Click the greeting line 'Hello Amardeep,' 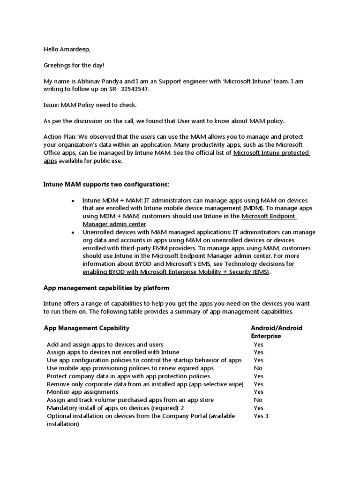[x=66, y=49]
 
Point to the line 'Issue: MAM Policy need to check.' [x=90, y=105]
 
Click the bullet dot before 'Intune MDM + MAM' [x=73, y=200]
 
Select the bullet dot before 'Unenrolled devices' [x=73, y=232]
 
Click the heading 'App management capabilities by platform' [x=106, y=288]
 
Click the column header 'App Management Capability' [x=87, y=328]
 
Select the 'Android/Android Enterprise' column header [x=276, y=332]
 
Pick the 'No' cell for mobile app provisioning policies [x=258, y=368]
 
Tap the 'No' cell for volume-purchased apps [x=258, y=400]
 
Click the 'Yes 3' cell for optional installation [x=261, y=416]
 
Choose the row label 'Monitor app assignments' [x=82, y=392]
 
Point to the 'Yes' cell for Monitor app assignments [x=258, y=392]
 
